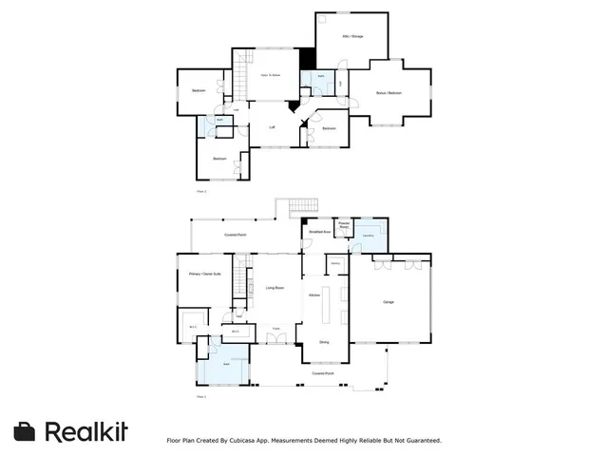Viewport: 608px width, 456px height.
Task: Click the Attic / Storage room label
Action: [353, 36]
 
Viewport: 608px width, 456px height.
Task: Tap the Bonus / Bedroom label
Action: [389, 93]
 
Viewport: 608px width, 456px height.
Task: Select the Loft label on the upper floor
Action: [272, 127]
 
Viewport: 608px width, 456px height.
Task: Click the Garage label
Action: [389, 303]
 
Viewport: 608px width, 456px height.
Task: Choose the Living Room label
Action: [275, 287]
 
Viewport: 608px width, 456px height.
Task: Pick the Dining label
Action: [324, 342]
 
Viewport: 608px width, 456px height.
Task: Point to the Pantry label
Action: [335, 265]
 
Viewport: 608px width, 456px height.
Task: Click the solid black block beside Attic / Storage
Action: [307, 57]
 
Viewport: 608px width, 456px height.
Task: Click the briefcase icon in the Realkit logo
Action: [26, 431]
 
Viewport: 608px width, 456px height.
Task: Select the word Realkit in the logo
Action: [86, 431]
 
